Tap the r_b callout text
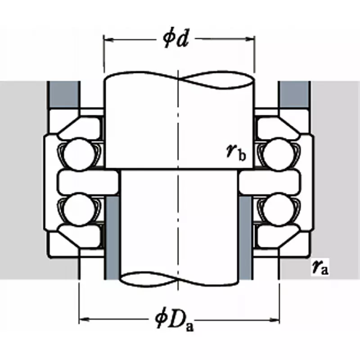coord(237,153)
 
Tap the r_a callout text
coord(320,267)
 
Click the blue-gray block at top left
coord(63,95)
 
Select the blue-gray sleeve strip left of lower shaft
coord(112,238)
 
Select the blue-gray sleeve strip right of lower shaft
coord(245,238)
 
